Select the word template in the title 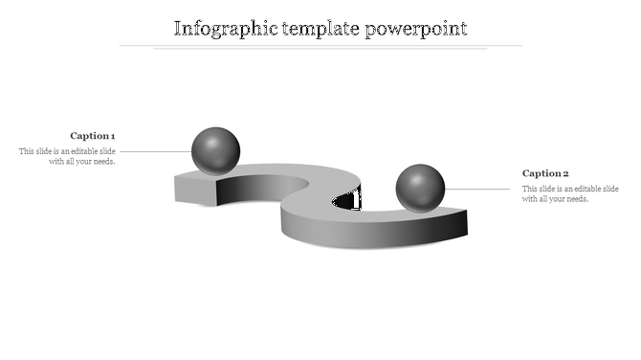click(x=321, y=28)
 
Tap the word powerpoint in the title click(x=416, y=28)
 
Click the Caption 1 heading click(x=92, y=136)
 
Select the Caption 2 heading click(x=545, y=173)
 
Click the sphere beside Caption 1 click(x=215, y=149)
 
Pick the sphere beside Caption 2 click(x=420, y=187)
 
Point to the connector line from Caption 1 click(x=155, y=151)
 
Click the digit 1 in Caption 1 click(x=113, y=136)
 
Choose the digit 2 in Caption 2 click(x=565, y=173)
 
